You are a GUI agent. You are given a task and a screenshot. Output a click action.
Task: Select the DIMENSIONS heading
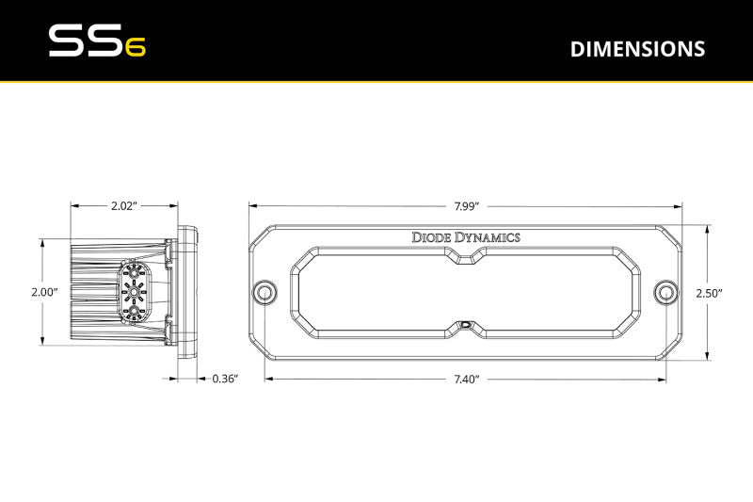[x=637, y=49]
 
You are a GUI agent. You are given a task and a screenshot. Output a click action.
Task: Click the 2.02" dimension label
[x=125, y=204]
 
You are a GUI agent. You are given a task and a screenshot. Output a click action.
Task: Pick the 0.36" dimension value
[x=225, y=379]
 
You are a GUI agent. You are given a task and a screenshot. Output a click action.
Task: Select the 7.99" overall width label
[x=466, y=204]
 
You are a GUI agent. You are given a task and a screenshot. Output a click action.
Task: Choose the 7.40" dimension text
[x=466, y=379]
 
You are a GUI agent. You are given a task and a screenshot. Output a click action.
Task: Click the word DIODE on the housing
[x=431, y=237]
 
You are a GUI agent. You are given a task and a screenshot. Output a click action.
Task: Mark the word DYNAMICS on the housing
[x=488, y=237]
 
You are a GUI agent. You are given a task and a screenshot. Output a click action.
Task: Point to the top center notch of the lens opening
[x=467, y=259]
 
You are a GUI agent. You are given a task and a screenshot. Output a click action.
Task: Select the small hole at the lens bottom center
[x=467, y=324]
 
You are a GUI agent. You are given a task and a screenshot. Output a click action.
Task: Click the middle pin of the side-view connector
[x=135, y=292]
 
